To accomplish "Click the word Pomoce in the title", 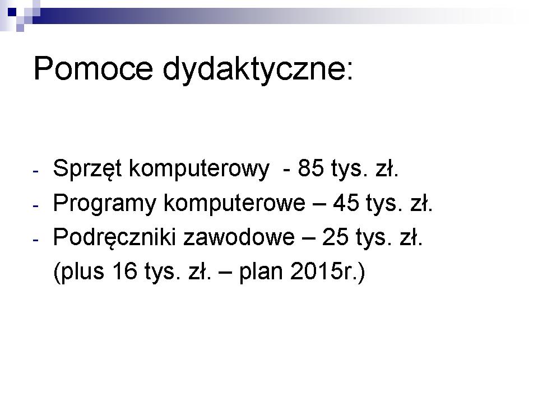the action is coord(93,68).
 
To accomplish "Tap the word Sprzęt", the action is coord(87,168).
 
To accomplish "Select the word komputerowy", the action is coord(199,169).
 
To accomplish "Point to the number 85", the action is coord(311,168).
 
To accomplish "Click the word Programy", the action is coord(105,203).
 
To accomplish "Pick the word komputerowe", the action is coord(234,203).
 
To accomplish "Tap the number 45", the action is coord(346,203).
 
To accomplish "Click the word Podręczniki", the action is coord(114,237).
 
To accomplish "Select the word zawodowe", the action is coord(239,237).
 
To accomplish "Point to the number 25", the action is coord(335,237).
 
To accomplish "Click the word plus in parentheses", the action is coord(82,271).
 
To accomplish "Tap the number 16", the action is coord(124,271).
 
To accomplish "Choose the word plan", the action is coord(261,271).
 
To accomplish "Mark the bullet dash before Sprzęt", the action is coord(36,171).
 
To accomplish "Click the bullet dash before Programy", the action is coord(36,206).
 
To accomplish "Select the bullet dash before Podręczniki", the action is coord(36,240).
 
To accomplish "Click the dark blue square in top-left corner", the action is coord(12,12).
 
